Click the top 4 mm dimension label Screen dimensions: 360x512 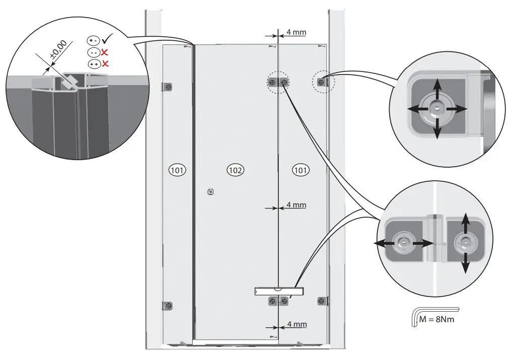tap(296, 32)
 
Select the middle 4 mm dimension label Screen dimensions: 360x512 tap(296, 205)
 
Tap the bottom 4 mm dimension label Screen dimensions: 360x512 tap(296, 324)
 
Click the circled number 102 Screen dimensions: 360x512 tap(236, 170)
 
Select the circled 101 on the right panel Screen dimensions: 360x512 tap(301, 170)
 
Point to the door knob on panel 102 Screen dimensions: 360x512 tap(210, 191)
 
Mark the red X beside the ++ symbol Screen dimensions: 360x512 tap(106, 63)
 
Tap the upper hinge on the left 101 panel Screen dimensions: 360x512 tap(168, 87)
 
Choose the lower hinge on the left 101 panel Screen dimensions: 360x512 tap(168, 306)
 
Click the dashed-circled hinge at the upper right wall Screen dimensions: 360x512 tap(321, 81)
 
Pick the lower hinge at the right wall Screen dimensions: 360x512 tap(321, 301)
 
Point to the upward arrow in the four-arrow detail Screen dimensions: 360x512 tap(437, 86)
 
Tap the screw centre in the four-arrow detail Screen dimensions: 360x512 tap(437, 109)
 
